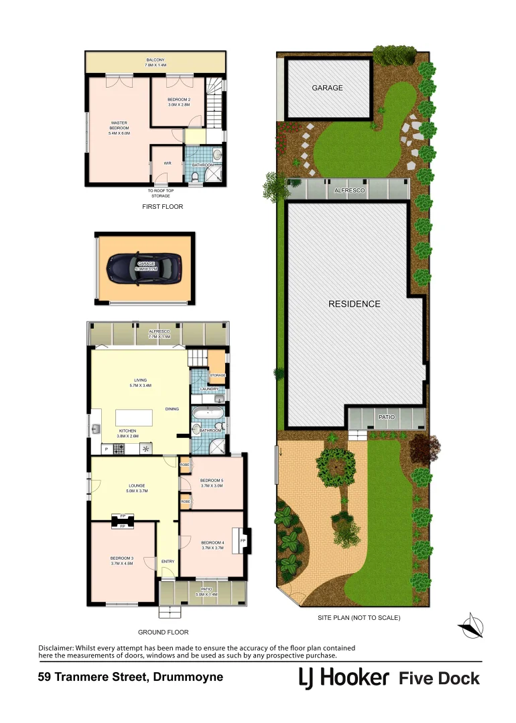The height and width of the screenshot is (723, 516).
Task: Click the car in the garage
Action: click(145, 268)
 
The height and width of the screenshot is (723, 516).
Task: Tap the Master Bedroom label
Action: click(119, 128)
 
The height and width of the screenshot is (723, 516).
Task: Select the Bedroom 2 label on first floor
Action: click(179, 102)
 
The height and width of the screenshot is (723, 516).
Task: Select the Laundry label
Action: click(209, 389)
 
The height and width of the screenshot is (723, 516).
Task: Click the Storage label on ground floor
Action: click(217, 376)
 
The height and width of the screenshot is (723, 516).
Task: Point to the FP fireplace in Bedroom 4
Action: click(243, 540)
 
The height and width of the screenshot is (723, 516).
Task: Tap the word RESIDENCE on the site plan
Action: click(354, 304)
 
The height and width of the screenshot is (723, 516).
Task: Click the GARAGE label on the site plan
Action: click(327, 88)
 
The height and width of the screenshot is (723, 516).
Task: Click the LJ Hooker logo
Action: click(344, 678)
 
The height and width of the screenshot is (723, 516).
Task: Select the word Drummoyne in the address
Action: click(189, 677)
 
